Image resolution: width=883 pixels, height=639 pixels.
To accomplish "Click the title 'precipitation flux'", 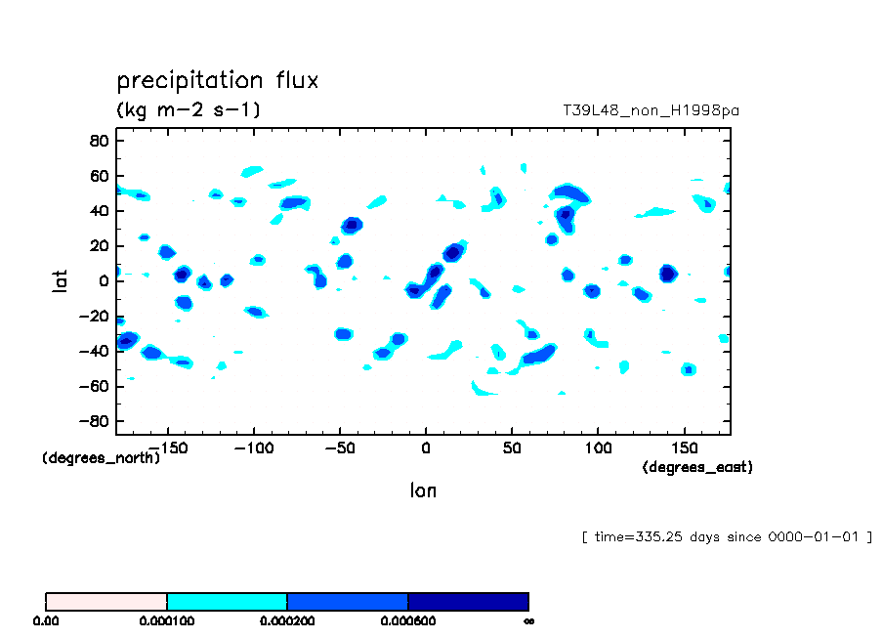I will [217, 80].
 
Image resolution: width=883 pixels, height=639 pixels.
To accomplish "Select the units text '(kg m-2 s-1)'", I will [189, 109].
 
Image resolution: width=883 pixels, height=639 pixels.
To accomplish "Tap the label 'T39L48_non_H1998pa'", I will [651, 110].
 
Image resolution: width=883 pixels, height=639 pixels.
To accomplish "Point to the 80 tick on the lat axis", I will [99, 141].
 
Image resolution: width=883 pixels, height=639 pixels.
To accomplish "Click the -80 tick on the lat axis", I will [95, 422].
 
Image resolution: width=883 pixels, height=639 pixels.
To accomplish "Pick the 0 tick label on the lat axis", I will [103, 281].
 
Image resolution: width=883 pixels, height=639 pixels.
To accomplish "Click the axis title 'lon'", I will [423, 490].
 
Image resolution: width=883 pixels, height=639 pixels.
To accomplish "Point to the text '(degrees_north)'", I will [102, 457].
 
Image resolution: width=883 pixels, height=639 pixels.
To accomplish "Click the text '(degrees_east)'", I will [697, 468].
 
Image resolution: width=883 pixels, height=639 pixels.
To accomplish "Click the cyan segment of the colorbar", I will [227, 601].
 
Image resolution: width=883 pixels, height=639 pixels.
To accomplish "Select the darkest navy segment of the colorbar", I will [468, 601].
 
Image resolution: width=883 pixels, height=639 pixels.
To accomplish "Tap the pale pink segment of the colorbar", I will [106, 601].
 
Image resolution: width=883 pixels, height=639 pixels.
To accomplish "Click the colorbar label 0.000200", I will [287, 620].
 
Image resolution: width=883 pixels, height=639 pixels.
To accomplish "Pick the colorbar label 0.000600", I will [407, 620].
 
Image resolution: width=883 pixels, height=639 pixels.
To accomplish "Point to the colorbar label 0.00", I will [46, 620].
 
